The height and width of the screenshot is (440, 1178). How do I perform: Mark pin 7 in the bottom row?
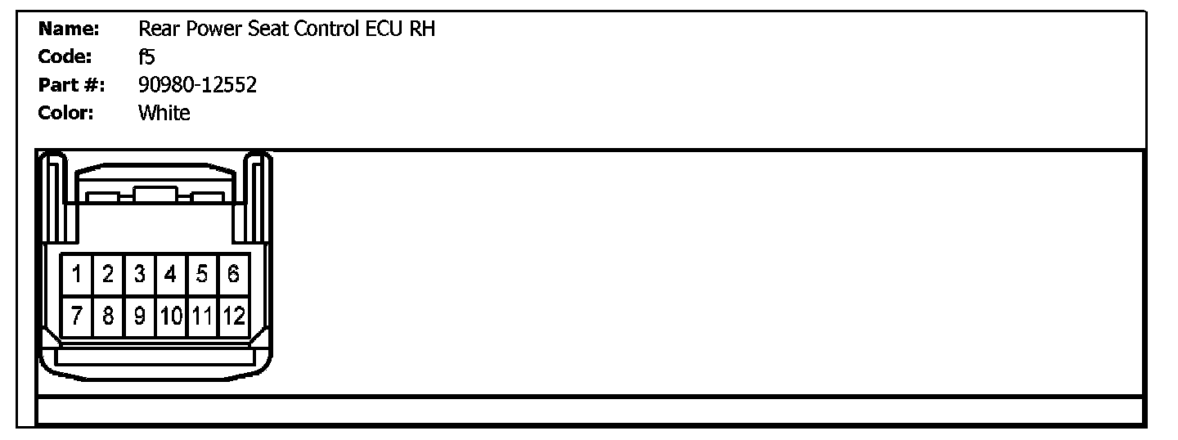pos(76,316)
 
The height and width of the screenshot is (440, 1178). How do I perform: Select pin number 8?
pos(107,316)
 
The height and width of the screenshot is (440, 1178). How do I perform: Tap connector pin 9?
pos(139,316)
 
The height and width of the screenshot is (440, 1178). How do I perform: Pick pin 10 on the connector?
pos(171,316)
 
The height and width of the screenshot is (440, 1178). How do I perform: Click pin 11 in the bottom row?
pos(202,316)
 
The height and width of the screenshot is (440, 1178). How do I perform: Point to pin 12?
pos(233,316)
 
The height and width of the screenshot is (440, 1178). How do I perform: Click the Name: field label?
pos(69,29)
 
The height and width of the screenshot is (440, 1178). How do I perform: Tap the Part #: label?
pos(72,85)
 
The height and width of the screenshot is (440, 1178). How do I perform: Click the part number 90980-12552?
pos(197,85)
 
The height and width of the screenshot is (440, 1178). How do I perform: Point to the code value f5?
pos(147,57)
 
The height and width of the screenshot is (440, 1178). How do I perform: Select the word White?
pos(164,113)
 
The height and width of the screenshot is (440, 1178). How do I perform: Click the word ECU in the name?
pos(382,29)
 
